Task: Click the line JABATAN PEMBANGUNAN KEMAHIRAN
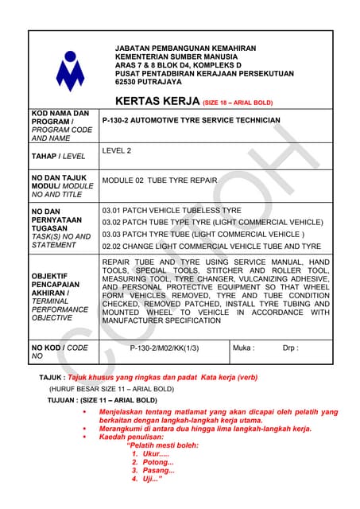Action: pos(176,49)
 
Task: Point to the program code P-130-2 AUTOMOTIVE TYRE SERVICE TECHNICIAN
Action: pos(192,121)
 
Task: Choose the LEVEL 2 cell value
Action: pos(118,150)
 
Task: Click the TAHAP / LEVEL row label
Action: pos(58,157)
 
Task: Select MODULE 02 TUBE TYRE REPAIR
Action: pos(159,181)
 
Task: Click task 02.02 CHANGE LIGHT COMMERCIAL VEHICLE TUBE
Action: pos(211,247)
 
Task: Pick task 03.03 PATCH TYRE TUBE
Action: pos(203,235)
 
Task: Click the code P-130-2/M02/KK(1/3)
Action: pos(165,348)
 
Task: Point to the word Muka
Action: pos(243,348)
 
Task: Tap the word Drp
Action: pos(291,348)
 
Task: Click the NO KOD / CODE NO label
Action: pos(60,352)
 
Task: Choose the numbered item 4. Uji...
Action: pos(147,480)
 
